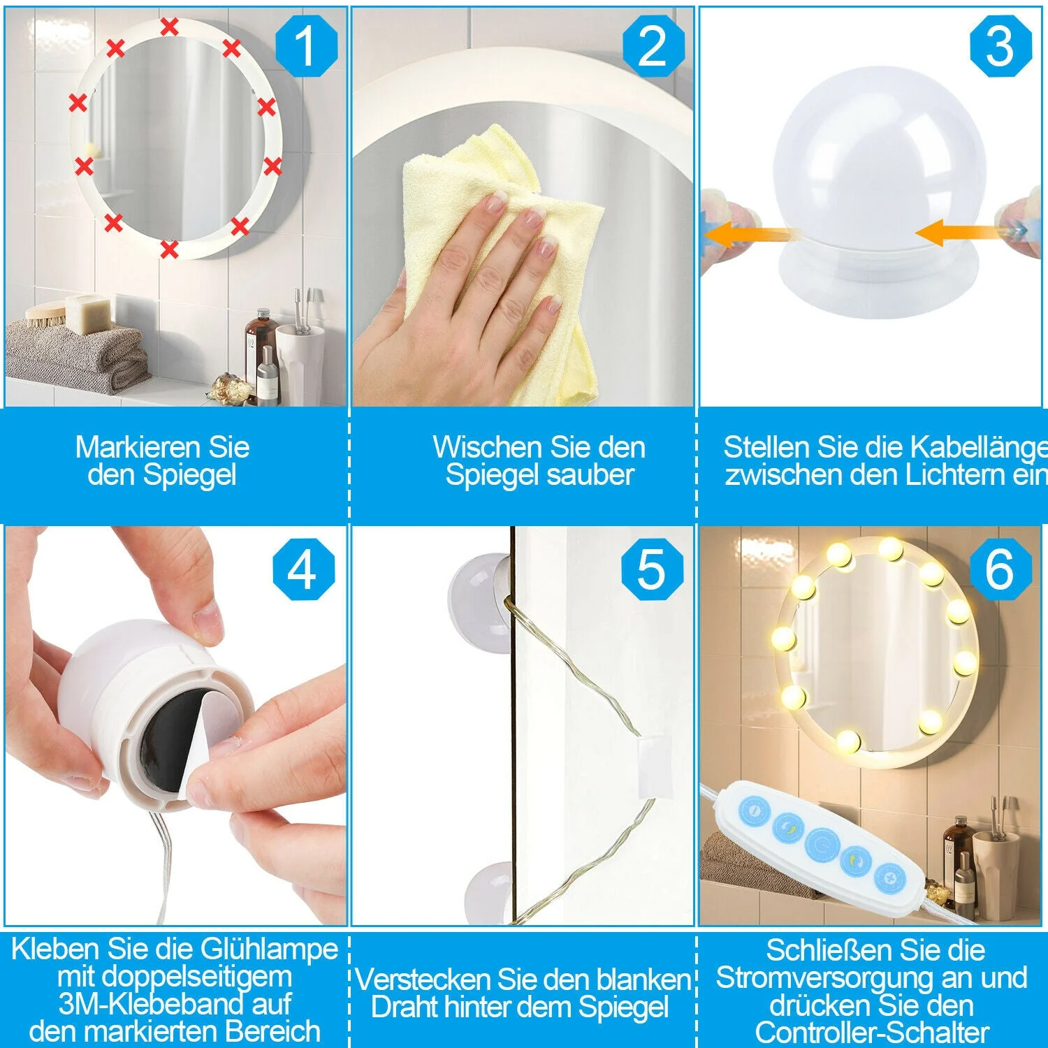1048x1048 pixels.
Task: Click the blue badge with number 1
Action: pos(306,46)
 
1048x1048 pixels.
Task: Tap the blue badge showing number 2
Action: pos(653,46)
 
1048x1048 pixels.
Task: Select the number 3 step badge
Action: pos(1000,46)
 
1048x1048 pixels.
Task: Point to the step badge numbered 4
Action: pos(303,569)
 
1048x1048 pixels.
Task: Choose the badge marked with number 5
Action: pos(652,569)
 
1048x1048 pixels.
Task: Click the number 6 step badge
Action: pos(1000,569)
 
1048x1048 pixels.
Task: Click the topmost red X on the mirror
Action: pos(169,27)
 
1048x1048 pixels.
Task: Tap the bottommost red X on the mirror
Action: pos(169,249)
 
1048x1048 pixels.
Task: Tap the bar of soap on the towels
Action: pos(88,314)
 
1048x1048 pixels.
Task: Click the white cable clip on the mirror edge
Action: pos(654,764)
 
